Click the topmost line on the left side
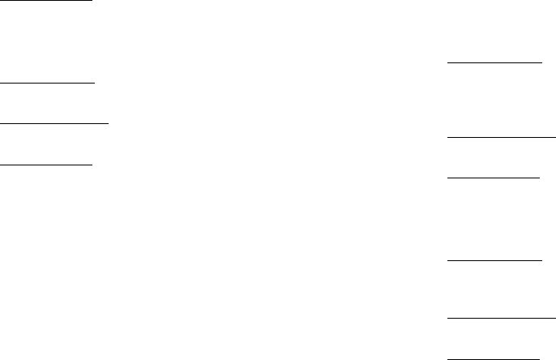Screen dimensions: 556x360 [46, 1]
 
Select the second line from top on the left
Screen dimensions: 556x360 [48, 82]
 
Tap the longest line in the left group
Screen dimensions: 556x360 [54, 122]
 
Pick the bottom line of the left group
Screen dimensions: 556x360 [46, 164]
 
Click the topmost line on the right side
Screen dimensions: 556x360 [494, 62]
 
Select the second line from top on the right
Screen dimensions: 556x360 [502, 139]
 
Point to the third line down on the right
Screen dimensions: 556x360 [494, 176]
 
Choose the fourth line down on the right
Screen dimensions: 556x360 [494, 260]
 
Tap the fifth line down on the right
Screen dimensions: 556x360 [502, 318]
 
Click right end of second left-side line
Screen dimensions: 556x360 [95, 82]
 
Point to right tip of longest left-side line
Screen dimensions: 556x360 [108, 122]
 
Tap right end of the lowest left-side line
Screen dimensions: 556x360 [92, 164]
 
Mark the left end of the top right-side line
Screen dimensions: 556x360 [449, 62]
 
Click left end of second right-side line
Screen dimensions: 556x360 [448, 139]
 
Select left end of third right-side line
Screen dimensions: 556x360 [449, 176]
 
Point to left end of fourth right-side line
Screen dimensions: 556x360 [449, 260]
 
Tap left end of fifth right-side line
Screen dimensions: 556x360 [448, 318]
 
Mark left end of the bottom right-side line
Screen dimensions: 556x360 [449, 358]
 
